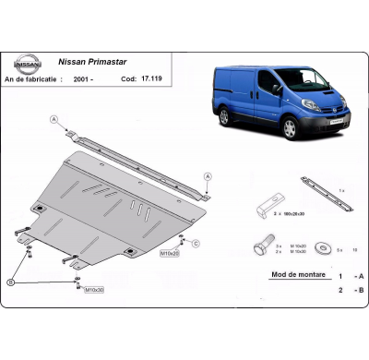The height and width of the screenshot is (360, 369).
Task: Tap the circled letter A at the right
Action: tap(207, 175)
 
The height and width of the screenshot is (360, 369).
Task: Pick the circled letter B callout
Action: tap(10, 281)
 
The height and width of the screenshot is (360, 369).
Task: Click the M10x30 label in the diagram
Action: tap(95, 290)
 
